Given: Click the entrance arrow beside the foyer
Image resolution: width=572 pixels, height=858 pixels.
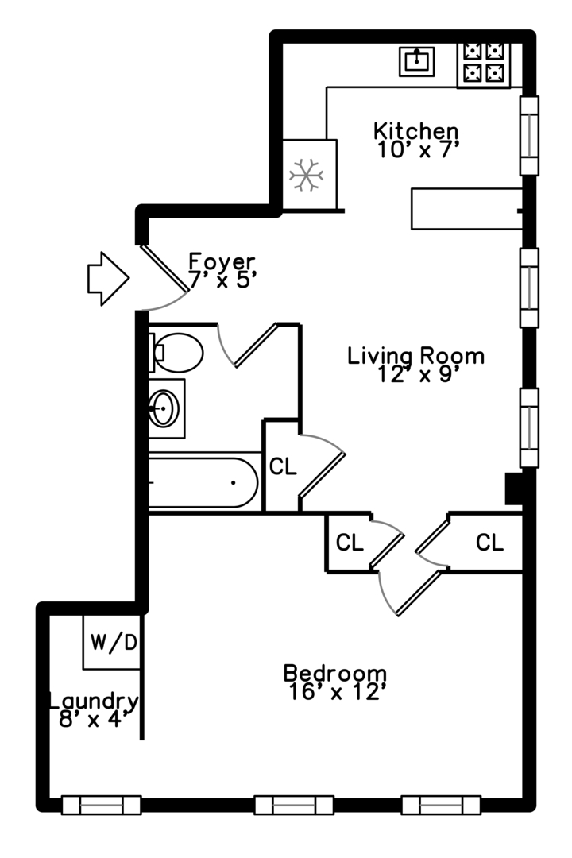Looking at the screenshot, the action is point(108,278).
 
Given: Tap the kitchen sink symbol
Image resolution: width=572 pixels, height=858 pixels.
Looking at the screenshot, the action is point(416,61).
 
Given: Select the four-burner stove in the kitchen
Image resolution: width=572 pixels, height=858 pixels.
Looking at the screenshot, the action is point(483,64).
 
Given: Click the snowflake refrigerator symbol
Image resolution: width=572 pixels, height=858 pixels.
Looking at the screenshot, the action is point(306,175).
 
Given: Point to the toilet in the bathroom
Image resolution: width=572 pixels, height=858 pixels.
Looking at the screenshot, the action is point(176,352).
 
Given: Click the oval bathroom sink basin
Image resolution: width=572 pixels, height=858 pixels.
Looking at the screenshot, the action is point(164,408).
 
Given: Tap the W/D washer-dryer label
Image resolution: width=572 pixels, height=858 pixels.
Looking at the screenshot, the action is point(114,642).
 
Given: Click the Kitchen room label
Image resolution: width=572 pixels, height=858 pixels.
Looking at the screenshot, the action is point(416,131).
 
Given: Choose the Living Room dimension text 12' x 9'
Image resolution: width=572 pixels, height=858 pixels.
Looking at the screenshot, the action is point(416,373).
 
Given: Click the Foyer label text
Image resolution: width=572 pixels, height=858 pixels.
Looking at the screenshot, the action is point(222,261).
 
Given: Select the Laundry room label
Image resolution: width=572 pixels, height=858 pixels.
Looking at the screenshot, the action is point(94,701).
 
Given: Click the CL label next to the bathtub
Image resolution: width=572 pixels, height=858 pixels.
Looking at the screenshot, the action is point(283,466).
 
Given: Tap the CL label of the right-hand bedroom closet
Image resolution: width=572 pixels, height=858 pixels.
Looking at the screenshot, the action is point(489,543).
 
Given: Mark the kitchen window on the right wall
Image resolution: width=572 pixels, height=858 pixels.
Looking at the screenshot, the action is point(529,136).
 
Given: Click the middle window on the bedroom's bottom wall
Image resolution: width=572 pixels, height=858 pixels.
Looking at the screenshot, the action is point(294,805).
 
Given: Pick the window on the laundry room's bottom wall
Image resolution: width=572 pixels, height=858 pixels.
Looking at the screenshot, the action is point(101,805).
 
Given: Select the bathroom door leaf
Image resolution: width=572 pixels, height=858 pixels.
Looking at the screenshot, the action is point(256,346).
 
